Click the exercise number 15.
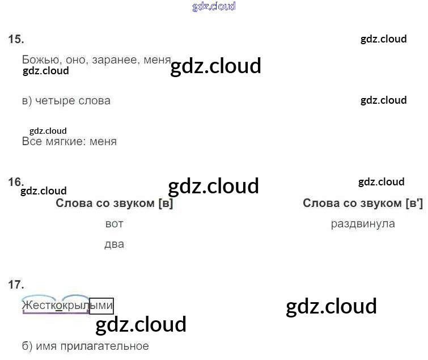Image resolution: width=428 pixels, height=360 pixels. [16, 39]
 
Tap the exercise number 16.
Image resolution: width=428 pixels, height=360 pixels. [16, 182]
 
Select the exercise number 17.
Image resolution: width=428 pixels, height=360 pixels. [16, 285]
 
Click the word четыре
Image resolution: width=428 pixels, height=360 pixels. [57, 101]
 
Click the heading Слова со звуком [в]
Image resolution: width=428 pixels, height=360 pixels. [114, 204]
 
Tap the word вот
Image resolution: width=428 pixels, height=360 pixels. [114, 224]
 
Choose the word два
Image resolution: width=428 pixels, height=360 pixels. [114, 245]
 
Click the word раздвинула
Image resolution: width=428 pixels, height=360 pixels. [363, 224]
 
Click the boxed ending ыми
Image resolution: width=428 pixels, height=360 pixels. [101, 306]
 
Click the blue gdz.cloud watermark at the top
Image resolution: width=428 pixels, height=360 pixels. [214, 7]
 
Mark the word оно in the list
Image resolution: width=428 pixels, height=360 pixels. [77, 60]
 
